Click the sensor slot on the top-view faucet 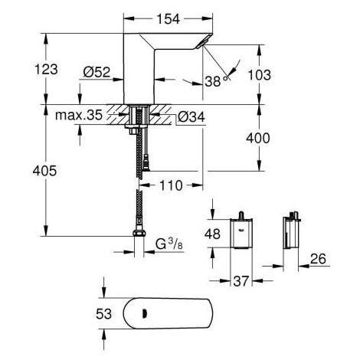click(x=143, y=313)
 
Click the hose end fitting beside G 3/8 click(x=140, y=235)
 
